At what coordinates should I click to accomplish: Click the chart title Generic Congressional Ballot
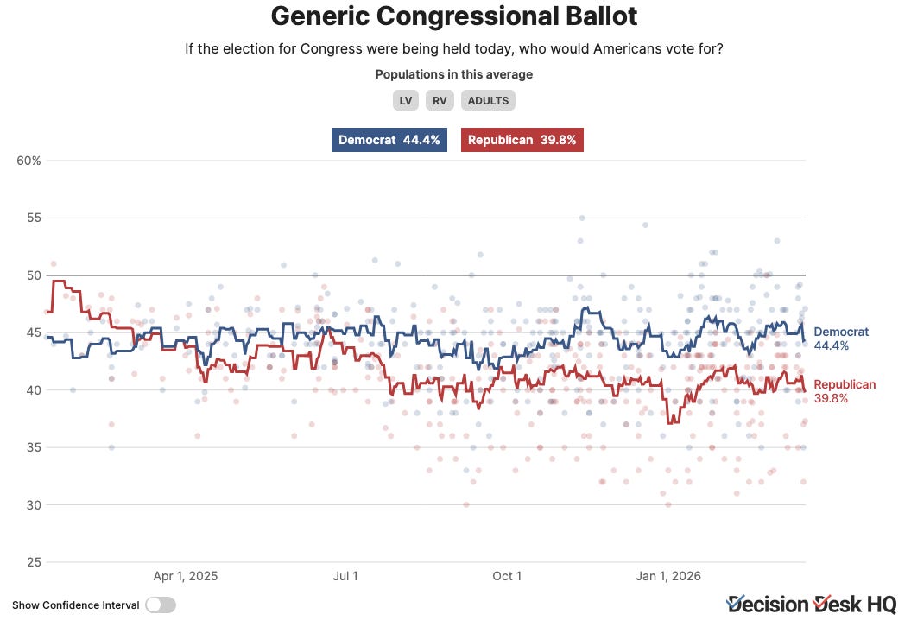pyautogui.click(x=453, y=16)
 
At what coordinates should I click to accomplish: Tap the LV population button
pyautogui.click(x=406, y=100)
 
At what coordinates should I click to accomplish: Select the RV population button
pyautogui.click(x=440, y=100)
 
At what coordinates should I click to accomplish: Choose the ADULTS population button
pyautogui.click(x=488, y=100)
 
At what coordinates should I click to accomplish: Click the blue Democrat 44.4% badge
pyautogui.click(x=389, y=140)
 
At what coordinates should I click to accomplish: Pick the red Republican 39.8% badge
pyautogui.click(x=522, y=140)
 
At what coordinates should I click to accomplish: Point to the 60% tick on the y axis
pyautogui.click(x=29, y=161)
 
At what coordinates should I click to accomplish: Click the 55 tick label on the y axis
pyautogui.click(x=35, y=218)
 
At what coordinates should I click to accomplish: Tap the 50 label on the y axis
pyautogui.click(x=35, y=275)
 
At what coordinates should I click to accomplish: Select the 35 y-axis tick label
pyautogui.click(x=35, y=447)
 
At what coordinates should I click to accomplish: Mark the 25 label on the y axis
pyautogui.click(x=35, y=562)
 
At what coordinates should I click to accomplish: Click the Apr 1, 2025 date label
pyautogui.click(x=186, y=576)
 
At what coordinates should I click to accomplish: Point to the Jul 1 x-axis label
pyautogui.click(x=345, y=576)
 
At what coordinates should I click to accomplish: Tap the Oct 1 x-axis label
pyautogui.click(x=507, y=576)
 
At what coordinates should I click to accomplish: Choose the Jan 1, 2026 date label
pyautogui.click(x=668, y=576)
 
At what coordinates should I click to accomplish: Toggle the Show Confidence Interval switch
pyautogui.click(x=161, y=605)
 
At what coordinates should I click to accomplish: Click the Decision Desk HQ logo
pyautogui.click(x=812, y=605)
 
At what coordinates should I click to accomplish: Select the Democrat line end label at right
pyautogui.click(x=841, y=339)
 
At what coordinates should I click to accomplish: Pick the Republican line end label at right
pyautogui.click(x=845, y=391)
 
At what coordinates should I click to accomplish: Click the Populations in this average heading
pyautogui.click(x=453, y=74)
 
